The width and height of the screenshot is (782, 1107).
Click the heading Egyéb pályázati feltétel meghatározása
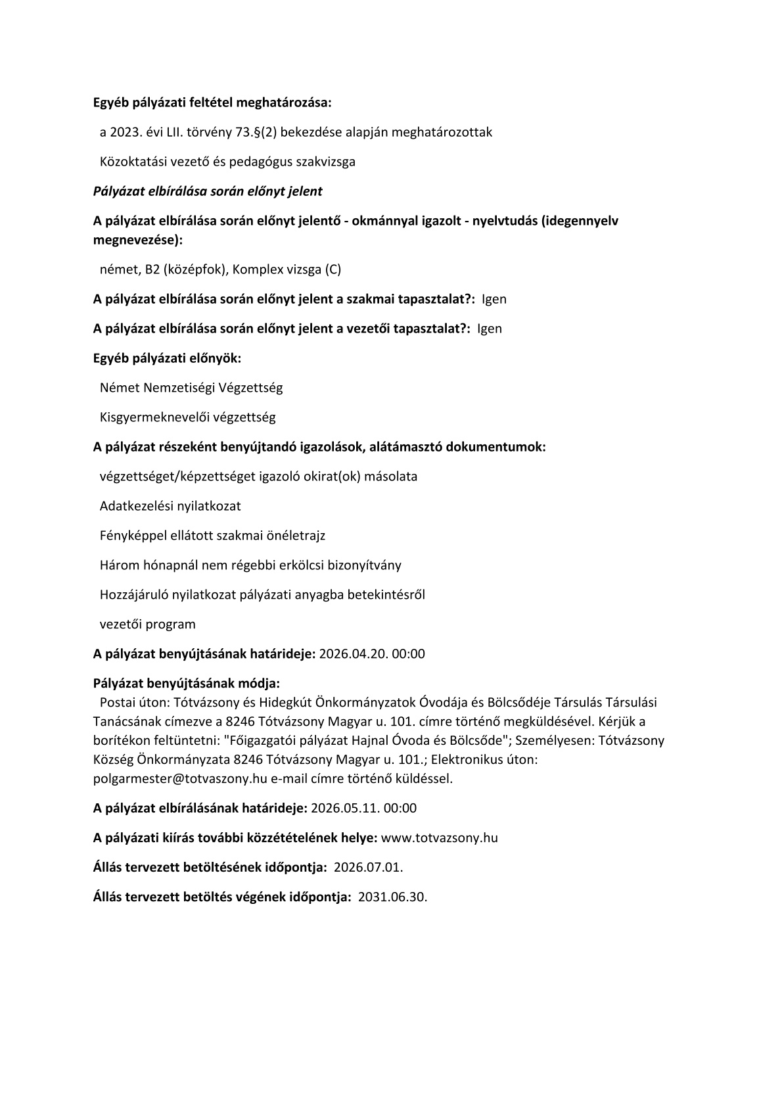(212, 103)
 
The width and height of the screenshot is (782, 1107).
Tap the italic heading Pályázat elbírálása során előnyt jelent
(208, 191)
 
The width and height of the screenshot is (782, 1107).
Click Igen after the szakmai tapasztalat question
(494, 299)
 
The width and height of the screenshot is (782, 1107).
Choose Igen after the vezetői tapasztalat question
(490, 329)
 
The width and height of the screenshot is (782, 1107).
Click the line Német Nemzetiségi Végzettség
(191, 388)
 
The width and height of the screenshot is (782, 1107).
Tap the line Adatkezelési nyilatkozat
(170, 506)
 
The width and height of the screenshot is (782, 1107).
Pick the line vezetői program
(148, 624)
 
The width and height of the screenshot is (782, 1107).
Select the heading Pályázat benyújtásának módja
(187, 683)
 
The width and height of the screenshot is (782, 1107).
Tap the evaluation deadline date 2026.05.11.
(344, 808)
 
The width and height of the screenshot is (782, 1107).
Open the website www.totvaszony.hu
(440, 837)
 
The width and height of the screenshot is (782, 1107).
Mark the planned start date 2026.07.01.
(368, 867)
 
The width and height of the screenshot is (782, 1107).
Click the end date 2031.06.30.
(392, 897)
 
